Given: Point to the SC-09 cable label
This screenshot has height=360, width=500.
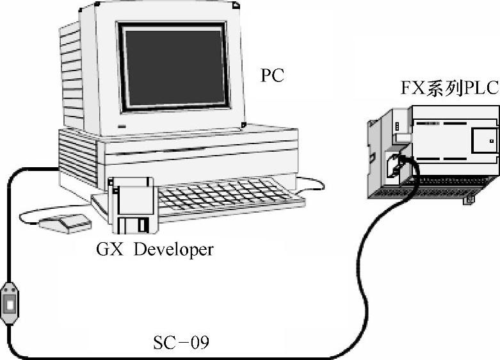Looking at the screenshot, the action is [181, 343].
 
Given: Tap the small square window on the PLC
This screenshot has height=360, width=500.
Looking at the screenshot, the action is [490, 139].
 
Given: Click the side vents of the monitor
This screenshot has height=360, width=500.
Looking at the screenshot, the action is [72, 70].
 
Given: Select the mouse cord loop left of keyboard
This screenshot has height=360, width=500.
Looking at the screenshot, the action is [26, 215].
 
